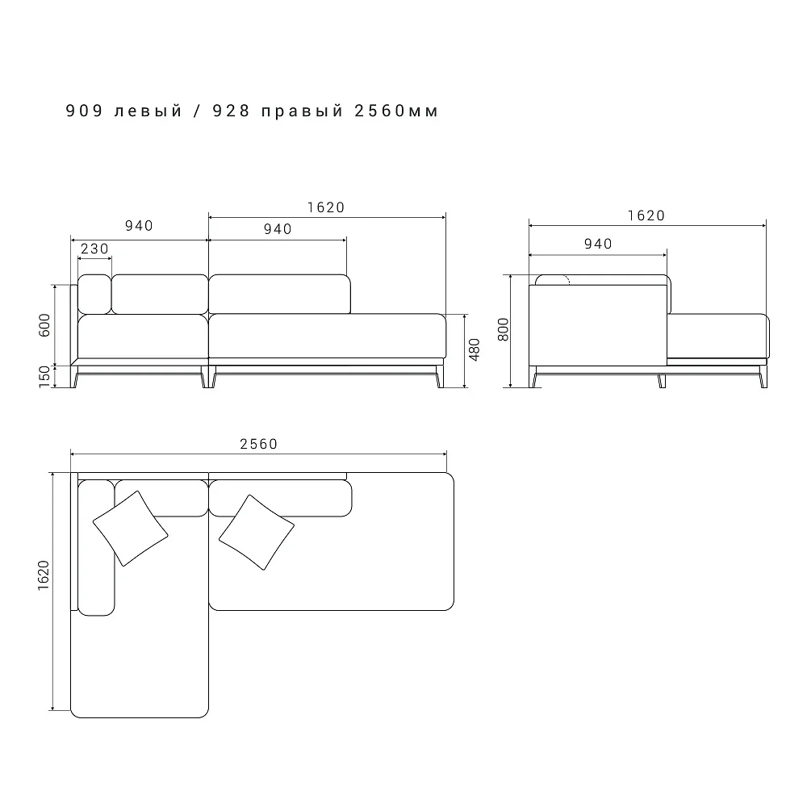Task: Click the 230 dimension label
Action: (94, 249)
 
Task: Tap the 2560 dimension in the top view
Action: (259, 444)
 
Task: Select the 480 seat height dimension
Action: (475, 350)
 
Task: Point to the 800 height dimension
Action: (504, 329)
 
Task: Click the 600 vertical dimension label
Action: (44, 325)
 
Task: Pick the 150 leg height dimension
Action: (44, 377)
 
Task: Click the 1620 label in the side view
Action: (646, 215)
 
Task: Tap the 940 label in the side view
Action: (598, 244)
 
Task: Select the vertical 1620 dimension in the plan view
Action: (44, 575)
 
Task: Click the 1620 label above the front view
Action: (326, 207)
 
